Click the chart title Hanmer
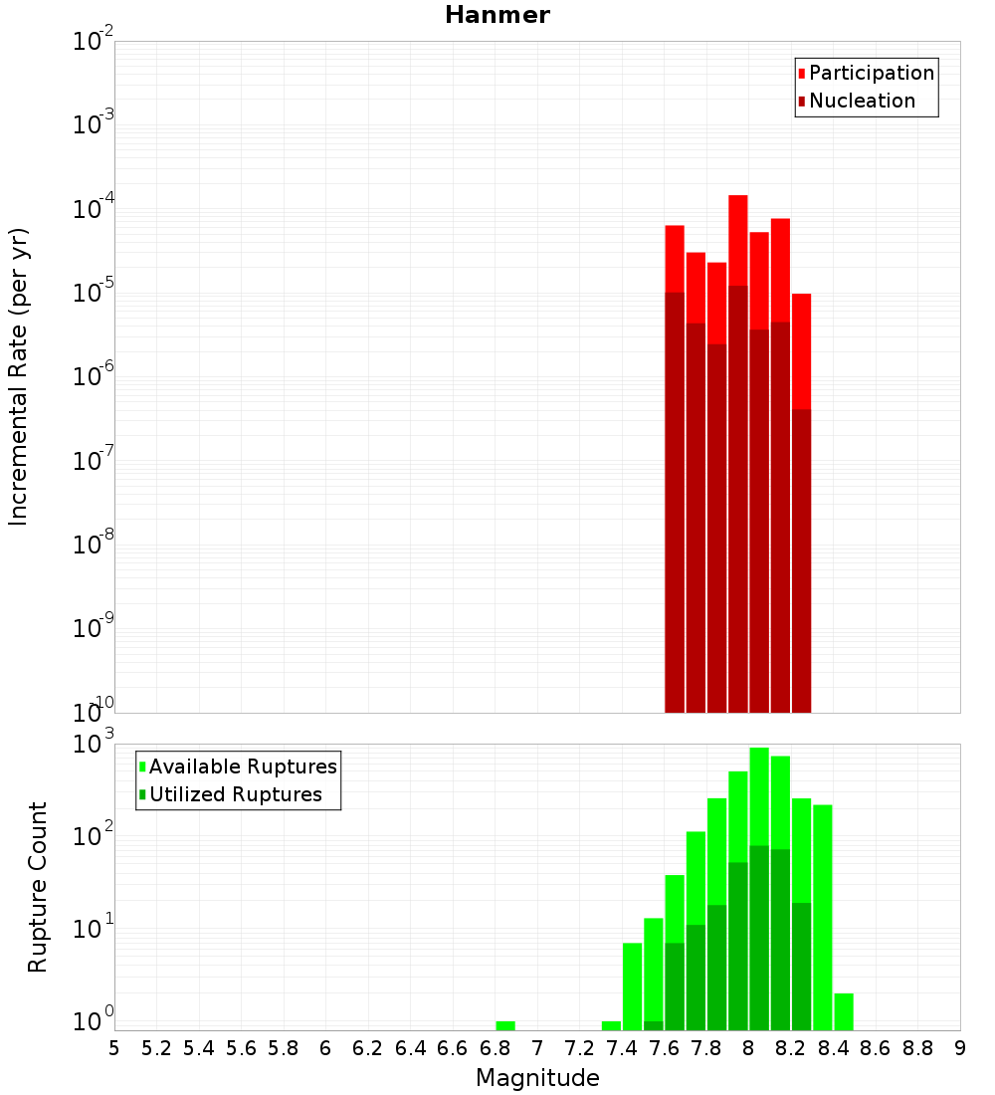click(497, 15)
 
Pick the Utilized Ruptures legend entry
click(235, 794)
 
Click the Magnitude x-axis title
click(537, 1078)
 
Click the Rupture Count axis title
click(37, 887)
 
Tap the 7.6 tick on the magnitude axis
click(665, 1047)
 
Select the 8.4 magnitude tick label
click(834, 1047)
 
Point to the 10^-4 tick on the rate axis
click(94, 209)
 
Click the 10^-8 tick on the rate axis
click(94, 545)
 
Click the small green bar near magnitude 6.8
click(505, 1026)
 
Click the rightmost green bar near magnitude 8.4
click(844, 1011)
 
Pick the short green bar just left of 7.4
click(611, 1026)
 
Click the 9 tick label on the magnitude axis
click(960, 1047)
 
